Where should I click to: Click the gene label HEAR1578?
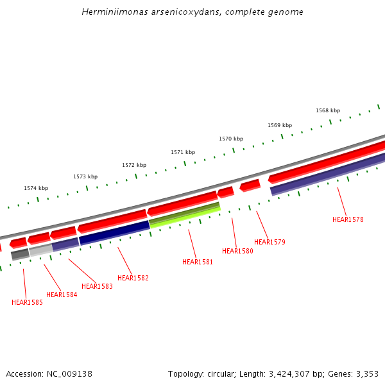348,219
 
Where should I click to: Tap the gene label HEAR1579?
269,243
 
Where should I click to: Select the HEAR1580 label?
237,251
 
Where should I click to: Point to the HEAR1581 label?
198,262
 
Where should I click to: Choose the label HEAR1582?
133,278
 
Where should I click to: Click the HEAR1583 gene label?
97,286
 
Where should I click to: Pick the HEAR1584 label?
62,295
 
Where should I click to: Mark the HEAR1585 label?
27,302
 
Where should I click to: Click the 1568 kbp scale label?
328,111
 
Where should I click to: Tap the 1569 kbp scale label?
280,125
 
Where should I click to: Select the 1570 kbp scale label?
231,139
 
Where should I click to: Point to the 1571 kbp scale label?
183,152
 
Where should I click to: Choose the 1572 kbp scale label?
134,165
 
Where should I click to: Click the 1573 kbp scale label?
85,176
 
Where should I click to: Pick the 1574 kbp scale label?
36,188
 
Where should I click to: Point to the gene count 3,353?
368,373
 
